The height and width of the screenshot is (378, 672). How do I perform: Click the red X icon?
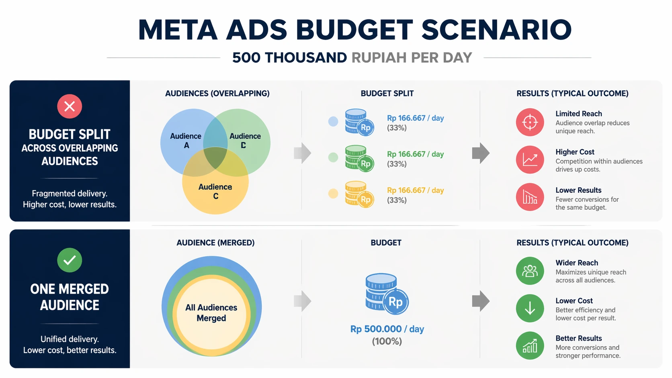coord(70,106)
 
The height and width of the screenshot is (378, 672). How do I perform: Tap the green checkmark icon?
coord(70,260)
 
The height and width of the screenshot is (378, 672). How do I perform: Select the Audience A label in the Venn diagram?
coord(186,141)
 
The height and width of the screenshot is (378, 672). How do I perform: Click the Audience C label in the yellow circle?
coord(215,191)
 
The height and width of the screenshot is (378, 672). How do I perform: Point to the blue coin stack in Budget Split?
coord(359,122)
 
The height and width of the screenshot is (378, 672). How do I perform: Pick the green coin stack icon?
coord(359,158)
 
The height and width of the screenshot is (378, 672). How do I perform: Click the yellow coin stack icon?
coord(359,194)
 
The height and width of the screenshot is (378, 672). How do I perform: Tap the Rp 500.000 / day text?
coord(387,329)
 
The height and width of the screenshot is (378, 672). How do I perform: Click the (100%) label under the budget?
coord(387,341)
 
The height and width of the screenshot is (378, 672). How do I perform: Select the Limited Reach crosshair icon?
coord(530,122)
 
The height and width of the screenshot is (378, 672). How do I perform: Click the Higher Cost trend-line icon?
coord(530,160)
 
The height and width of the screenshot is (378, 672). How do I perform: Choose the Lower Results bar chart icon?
coord(530,197)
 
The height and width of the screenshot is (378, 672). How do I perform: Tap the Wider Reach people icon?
coord(530,271)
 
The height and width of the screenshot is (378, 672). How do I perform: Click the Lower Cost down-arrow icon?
coord(530,309)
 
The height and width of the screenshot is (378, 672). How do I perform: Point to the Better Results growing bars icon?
coord(530,345)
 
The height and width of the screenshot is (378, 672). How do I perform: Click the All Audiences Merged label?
coord(211,313)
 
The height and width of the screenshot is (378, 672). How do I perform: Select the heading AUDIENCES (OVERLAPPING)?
coord(217,94)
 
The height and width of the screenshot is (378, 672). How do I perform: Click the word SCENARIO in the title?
coord(496,30)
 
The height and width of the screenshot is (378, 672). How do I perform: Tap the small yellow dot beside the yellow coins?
coord(333,194)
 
